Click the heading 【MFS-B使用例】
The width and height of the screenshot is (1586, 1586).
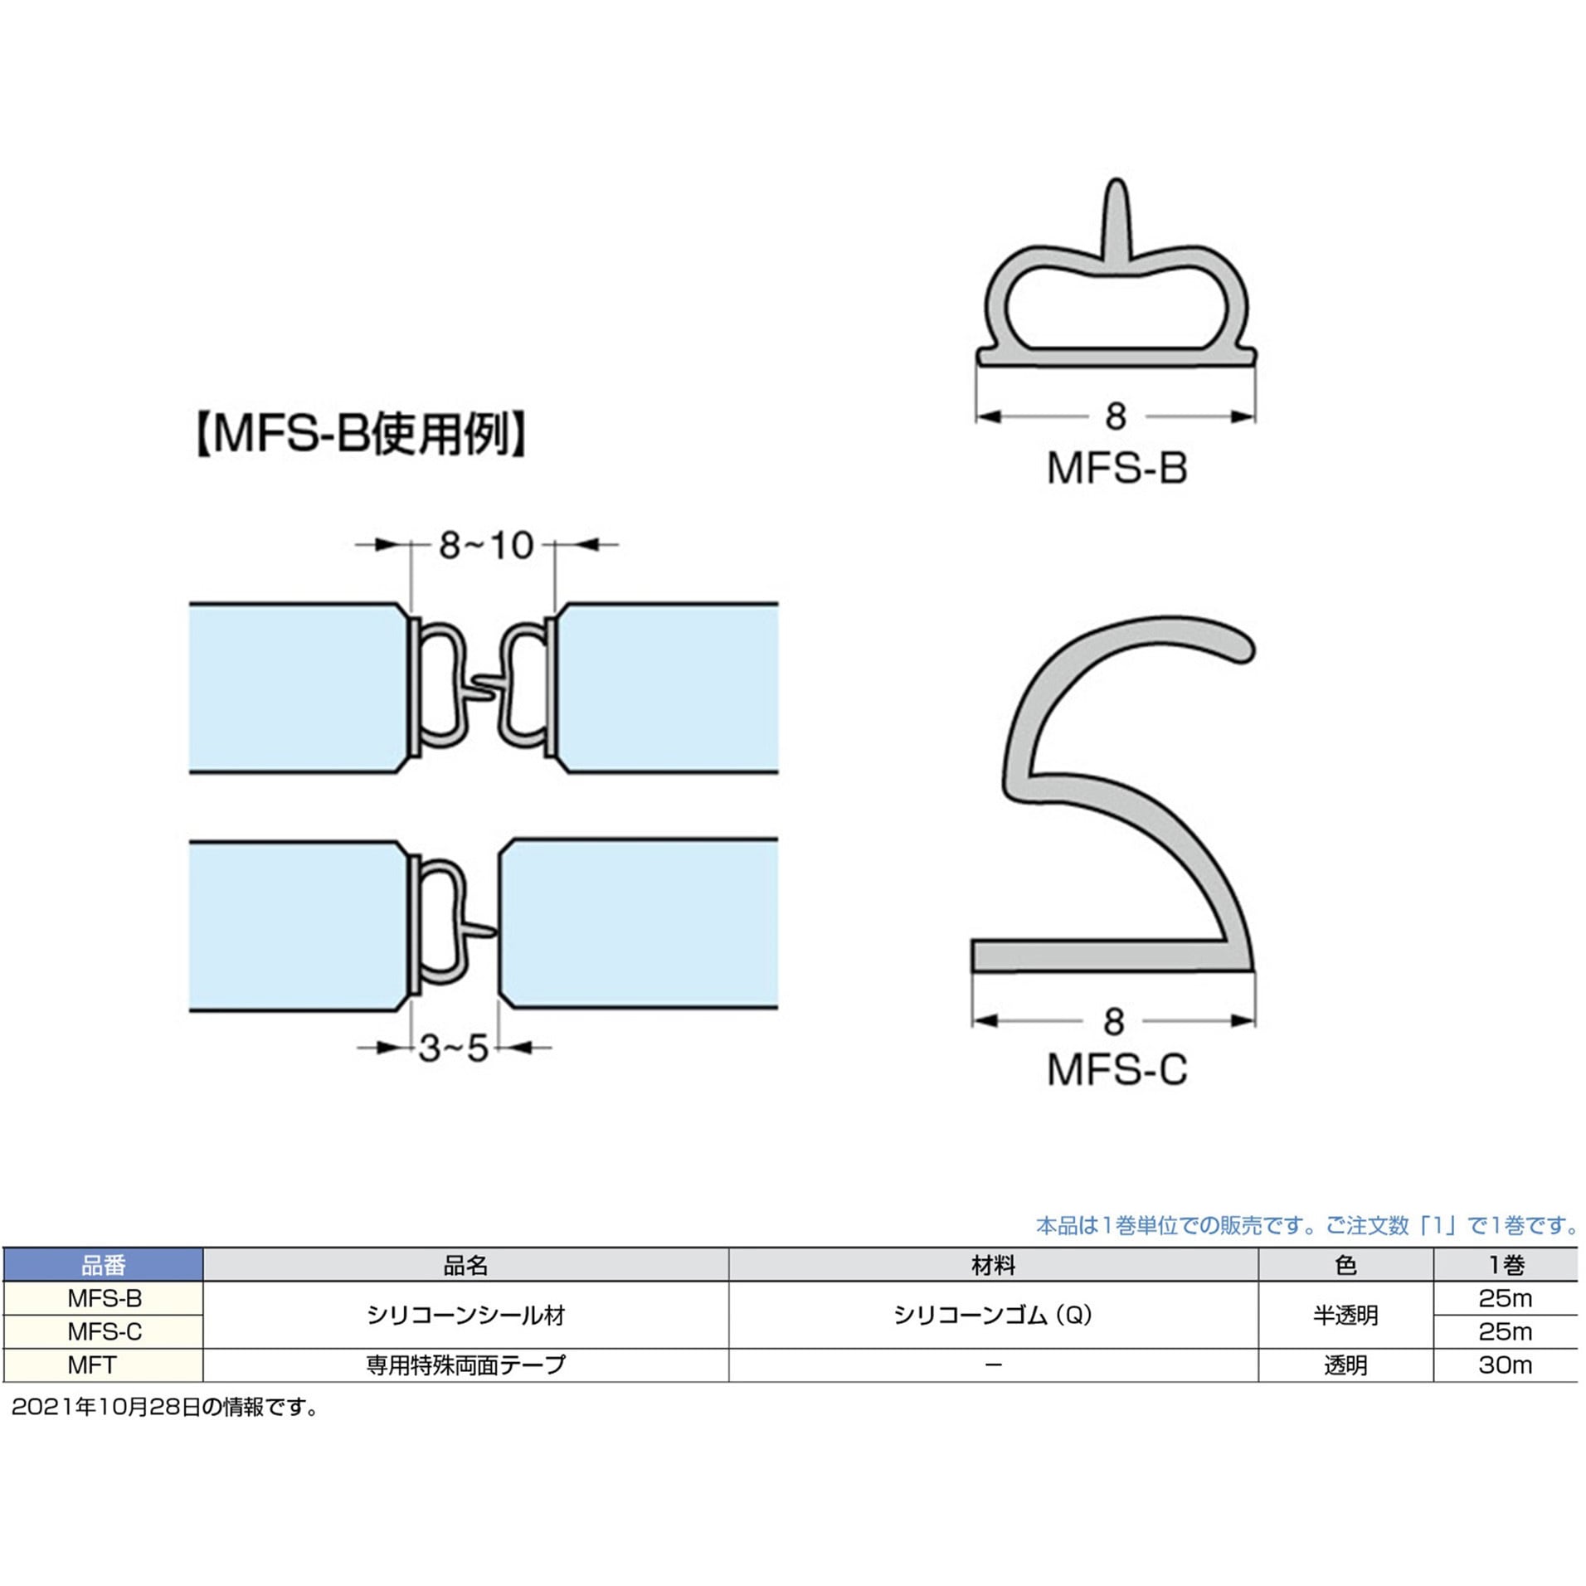click(360, 434)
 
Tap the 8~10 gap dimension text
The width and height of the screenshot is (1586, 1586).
click(485, 546)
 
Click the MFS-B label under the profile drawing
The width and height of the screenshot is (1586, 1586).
click(1117, 469)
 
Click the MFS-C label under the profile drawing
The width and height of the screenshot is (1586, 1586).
click(1117, 1070)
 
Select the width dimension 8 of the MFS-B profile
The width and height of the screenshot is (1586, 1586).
click(1116, 416)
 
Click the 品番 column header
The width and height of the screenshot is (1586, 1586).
click(104, 1266)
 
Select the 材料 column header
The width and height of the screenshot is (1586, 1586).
click(993, 1266)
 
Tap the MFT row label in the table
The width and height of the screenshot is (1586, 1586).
click(92, 1365)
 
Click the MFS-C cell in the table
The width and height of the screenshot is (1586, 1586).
click(105, 1332)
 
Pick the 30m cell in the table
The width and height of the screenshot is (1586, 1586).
click(1504, 1365)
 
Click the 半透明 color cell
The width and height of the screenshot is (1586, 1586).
click(1345, 1316)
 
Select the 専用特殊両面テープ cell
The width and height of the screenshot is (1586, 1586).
click(465, 1365)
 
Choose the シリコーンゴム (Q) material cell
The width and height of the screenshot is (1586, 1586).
click(993, 1316)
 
